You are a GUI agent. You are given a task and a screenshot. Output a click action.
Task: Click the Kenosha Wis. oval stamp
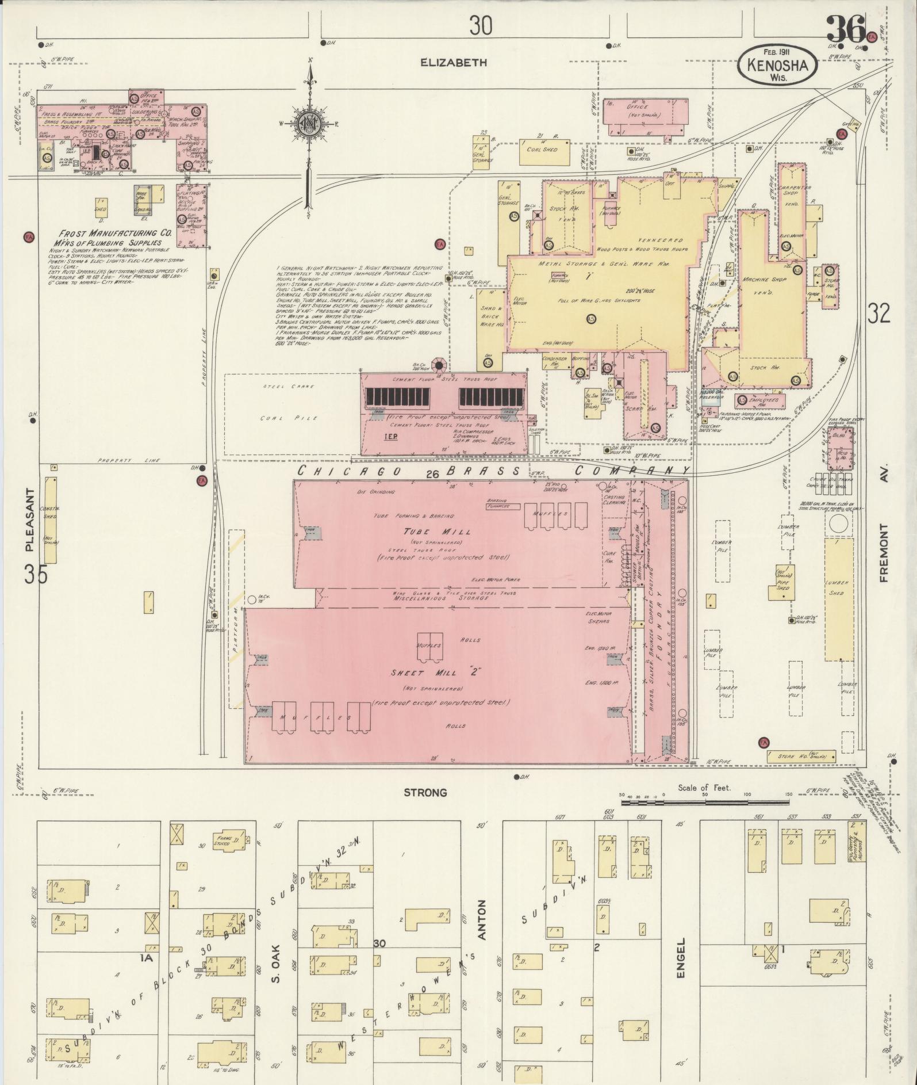tap(777, 66)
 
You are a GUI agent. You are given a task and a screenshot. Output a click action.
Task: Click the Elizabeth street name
tap(454, 62)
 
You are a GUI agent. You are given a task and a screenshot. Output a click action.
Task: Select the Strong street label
tap(425, 793)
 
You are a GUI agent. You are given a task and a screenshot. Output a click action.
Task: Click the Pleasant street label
tap(30, 520)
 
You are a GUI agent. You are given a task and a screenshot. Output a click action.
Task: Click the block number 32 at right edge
tap(879, 313)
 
